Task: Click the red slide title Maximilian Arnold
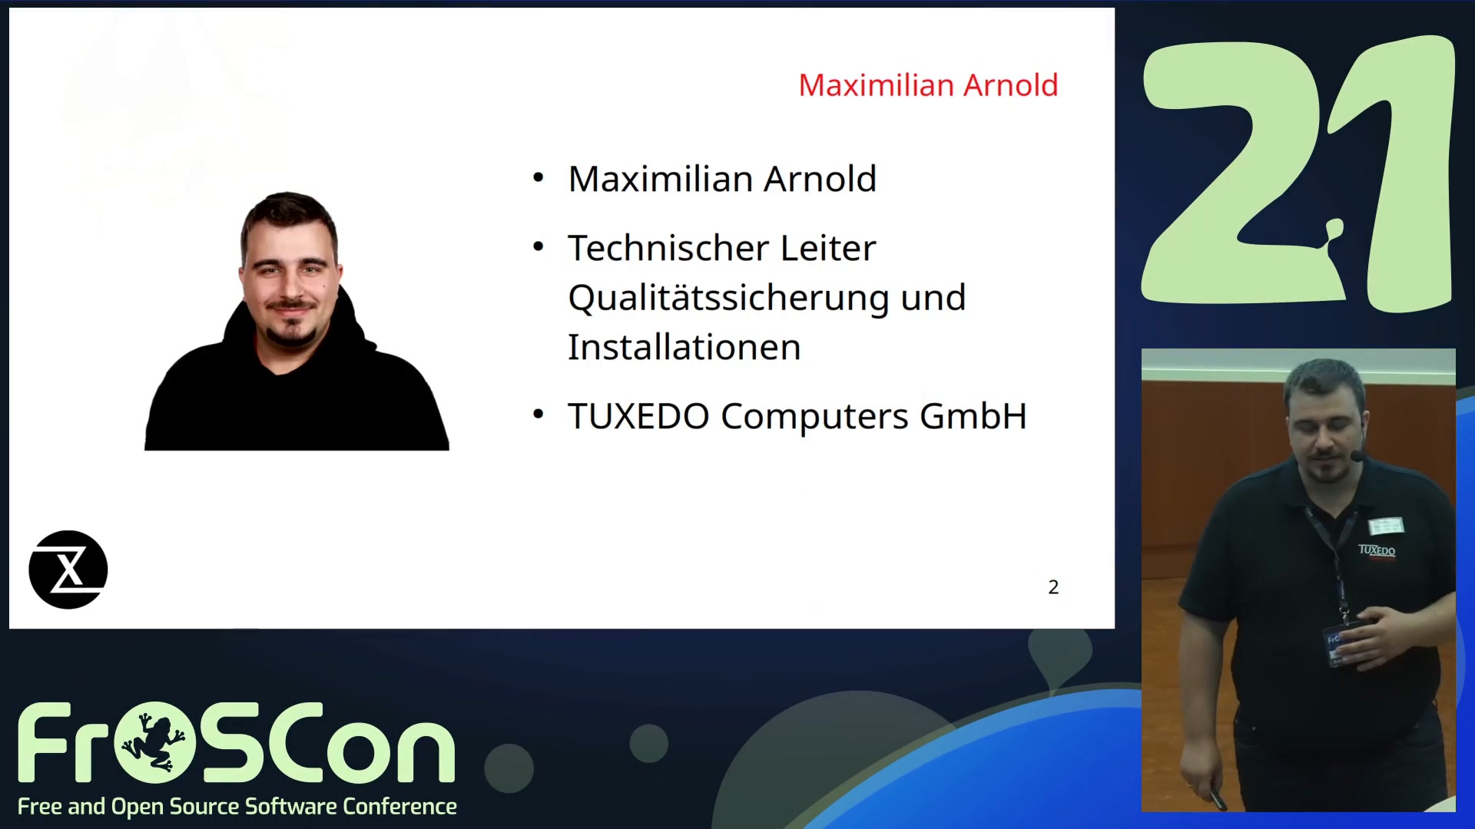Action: pyautogui.click(x=928, y=85)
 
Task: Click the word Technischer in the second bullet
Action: pyautogui.click(x=668, y=248)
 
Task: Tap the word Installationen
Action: pyautogui.click(x=684, y=347)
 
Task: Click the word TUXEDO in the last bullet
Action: pyautogui.click(x=638, y=416)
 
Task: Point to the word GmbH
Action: pyautogui.click(x=973, y=416)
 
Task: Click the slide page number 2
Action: pyautogui.click(x=1053, y=587)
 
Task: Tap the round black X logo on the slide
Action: pyautogui.click(x=68, y=570)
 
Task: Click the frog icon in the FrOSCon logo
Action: pyautogui.click(x=154, y=742)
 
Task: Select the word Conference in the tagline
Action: pyautogui.click(x=399, y=807)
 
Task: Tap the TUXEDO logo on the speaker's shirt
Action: pyautogui.click(x=1377, y=550)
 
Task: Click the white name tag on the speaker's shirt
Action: pyautogui.click(x=1386, y=526)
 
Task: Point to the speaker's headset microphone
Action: pyautogui.click(x=1357, y=456)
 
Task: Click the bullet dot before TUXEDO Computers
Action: pyautogui.click(x=538, y=414)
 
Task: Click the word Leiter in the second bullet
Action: pyautogui.click(x=828, y=248)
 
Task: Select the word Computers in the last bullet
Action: pyautogui.click(x=814, y=417)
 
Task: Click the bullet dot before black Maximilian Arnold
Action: pyautogui.click(x=538, y=178)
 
